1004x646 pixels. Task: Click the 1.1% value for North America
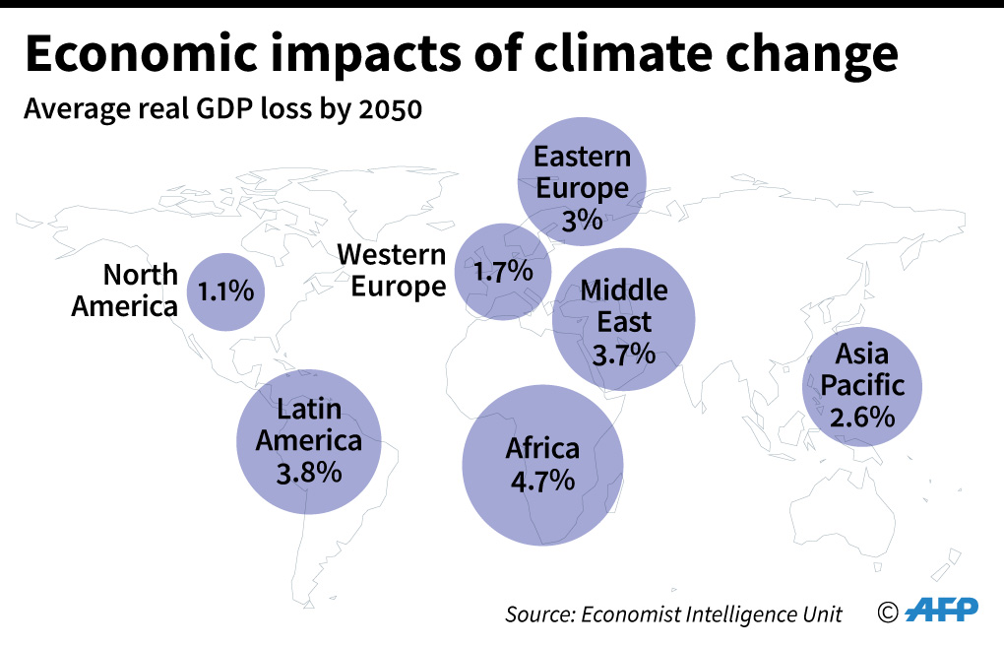click(x=226, y=291)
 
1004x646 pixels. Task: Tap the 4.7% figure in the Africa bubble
click(x=542, y=482)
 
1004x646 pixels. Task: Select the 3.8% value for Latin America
click(x=309, y=472)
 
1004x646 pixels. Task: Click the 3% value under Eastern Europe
click(x=582, y=220)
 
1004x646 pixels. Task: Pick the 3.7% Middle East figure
click(x=624, y=354)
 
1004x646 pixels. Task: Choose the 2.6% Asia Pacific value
click(x=862, y=417)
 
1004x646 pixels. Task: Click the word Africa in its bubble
click(x=542, y=448)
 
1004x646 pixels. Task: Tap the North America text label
click(x=126, y=290)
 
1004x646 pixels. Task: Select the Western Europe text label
click(x=392, y=271)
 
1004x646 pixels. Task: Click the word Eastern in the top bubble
click(x=582, y=157)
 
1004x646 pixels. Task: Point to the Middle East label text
click(x=624, y=305)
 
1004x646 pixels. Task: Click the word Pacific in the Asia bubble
click(x=862, y=384)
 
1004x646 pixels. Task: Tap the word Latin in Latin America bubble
click(x=309, y=408)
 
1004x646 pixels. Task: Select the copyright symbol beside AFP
click(x=888, y=613)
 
